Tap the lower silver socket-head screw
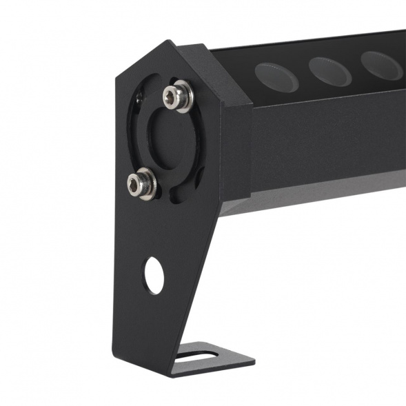pos(141,184)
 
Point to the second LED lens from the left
pos(329,70)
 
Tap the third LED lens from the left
pos(382,65)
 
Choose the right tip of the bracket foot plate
pos(252,361)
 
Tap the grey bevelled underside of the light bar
pos(310,196)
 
